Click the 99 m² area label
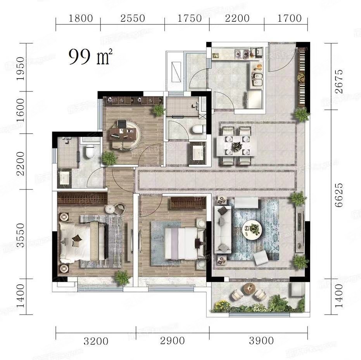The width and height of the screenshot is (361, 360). tap(90, 57)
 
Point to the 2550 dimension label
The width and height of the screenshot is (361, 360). tap(133, 18)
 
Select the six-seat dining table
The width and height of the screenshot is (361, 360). tap(236, 146)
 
